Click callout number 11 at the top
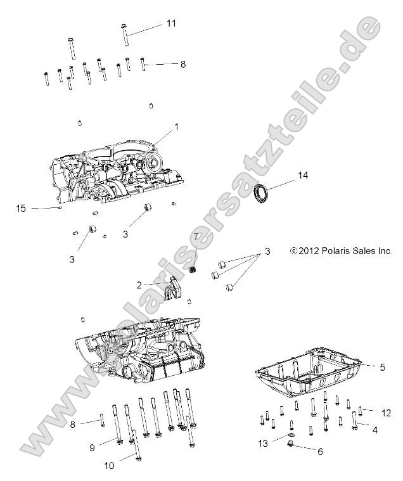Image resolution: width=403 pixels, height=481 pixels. pos(171,23)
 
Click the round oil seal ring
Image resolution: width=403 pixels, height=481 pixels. pos(260,193)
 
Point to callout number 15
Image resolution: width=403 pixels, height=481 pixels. pos(21,208)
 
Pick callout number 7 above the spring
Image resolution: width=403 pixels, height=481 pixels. pos(196,237)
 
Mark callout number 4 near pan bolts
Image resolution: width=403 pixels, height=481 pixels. pos(374,430)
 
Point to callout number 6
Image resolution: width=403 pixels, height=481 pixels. pos(319,451)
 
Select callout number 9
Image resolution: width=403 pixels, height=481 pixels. pos(92,447)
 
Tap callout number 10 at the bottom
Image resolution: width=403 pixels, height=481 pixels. pos(109,466)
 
